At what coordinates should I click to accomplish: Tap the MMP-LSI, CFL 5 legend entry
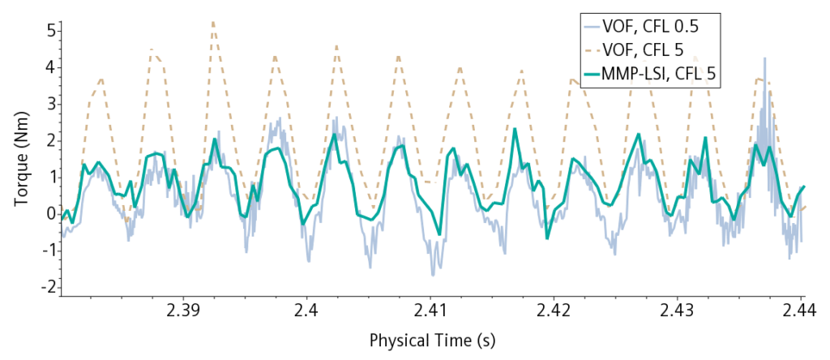(x=661, y=74)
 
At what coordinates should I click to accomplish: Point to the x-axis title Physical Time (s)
(x=431, y=341)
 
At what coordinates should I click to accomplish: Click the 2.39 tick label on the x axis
(x=183, y=312)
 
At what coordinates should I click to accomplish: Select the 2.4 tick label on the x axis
(x=307, y=312)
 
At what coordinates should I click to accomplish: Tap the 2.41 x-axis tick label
(x=430, y=312)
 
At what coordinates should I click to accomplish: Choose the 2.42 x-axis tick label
(x=554, y=312)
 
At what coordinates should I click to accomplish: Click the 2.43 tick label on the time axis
(x=677, y=312)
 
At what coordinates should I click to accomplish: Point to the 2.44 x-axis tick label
(x=801, y=312)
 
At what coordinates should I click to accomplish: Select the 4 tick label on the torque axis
(x=49, y=67)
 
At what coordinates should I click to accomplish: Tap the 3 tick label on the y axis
(x=49, y=104)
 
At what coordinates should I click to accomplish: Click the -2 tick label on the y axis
(x=47, y=287)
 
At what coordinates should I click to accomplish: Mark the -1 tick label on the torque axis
(x=47, y=251)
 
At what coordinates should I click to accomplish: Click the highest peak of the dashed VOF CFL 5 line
(x=212, y=22)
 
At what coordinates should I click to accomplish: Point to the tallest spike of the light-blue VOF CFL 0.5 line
(x=764, y=59)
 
